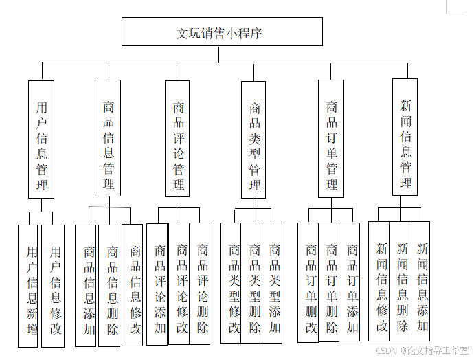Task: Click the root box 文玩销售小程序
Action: click(x=222, y=32)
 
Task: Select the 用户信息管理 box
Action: click(x=41, y=139)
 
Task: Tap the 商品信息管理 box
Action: click(x=108, y=138)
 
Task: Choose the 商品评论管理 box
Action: click(x=177, y=139)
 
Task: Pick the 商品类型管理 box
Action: click(x=253, y=139)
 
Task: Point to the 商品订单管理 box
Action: click(x=331, y=139)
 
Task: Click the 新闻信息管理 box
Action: click(x=405, y=137)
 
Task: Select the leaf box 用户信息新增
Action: click(x=28, y=285)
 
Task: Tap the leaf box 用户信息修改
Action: click(x=53, y=285)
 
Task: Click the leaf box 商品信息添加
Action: click(x=86, y=285)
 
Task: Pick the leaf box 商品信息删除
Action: click(x=110, y=285)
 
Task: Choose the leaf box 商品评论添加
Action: click(x=157, y=284)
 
